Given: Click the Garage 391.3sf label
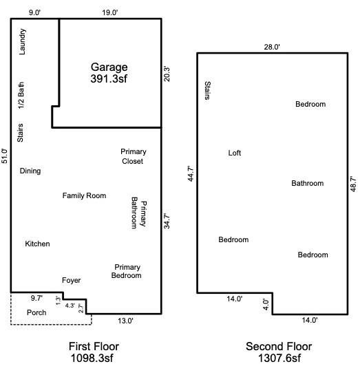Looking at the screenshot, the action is coord(109,73).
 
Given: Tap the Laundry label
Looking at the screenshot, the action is coord(22,41).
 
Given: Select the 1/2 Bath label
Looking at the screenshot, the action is coord(21,95).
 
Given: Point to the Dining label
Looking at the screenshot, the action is coord(30,171).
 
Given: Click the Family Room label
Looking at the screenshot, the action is coord(84,195).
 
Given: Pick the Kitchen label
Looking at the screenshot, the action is coord(37,244).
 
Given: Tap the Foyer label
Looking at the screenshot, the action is coord(71,281).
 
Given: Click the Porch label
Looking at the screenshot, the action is coord(36,312).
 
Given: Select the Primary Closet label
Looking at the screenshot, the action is coord(134,156).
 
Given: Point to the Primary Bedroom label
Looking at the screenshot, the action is coord(127,271).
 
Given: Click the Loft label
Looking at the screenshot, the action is coord(235,153).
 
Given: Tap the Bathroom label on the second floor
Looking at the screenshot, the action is coord(307,183).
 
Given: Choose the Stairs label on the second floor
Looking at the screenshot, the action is coord(208,90).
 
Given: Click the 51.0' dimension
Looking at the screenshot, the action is coord(5,156).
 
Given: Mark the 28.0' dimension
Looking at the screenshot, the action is coord(272,47).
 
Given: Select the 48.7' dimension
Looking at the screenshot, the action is coord(353,184).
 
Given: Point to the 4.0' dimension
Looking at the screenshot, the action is coord(266,305).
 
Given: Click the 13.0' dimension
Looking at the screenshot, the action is coord(125,321).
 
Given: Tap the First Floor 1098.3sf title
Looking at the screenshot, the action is coord(94,352).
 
